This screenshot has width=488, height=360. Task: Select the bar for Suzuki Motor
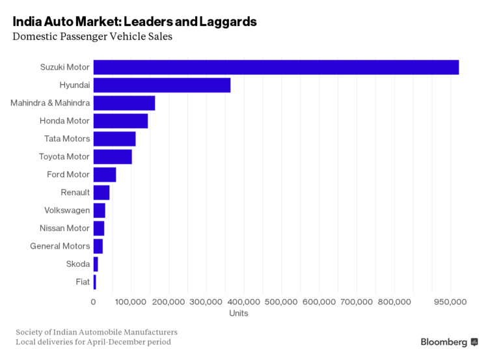tap(276, 67)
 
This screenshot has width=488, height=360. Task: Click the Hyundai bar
tap(161, 85)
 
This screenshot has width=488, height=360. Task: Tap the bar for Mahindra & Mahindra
tap(124, 103)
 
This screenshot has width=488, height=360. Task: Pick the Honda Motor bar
tap(120, 121)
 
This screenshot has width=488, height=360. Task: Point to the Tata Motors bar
tap(115, 139)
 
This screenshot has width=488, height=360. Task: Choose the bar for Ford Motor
tap(105, 174)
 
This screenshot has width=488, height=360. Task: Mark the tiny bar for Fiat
tap(94, 282)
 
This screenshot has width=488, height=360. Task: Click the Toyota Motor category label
tap(64, 157)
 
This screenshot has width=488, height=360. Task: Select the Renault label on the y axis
tap(75, 193)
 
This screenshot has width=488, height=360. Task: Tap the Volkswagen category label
tap(67, 210)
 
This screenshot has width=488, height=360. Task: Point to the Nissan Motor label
tap(64, 228)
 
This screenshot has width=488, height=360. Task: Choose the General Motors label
tap(60, 246)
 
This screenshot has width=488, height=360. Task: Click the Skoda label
tap(78, 264)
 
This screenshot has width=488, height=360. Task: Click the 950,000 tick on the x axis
tap(451, 302)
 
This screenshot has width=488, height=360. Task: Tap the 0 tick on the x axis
tap(93, 302)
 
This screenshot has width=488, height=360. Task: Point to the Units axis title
tap(239, 314)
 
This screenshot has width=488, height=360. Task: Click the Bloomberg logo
tap(449, 342)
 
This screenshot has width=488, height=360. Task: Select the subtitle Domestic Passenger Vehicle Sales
tap(92, 37)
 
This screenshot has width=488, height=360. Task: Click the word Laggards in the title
tap(224, 21)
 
